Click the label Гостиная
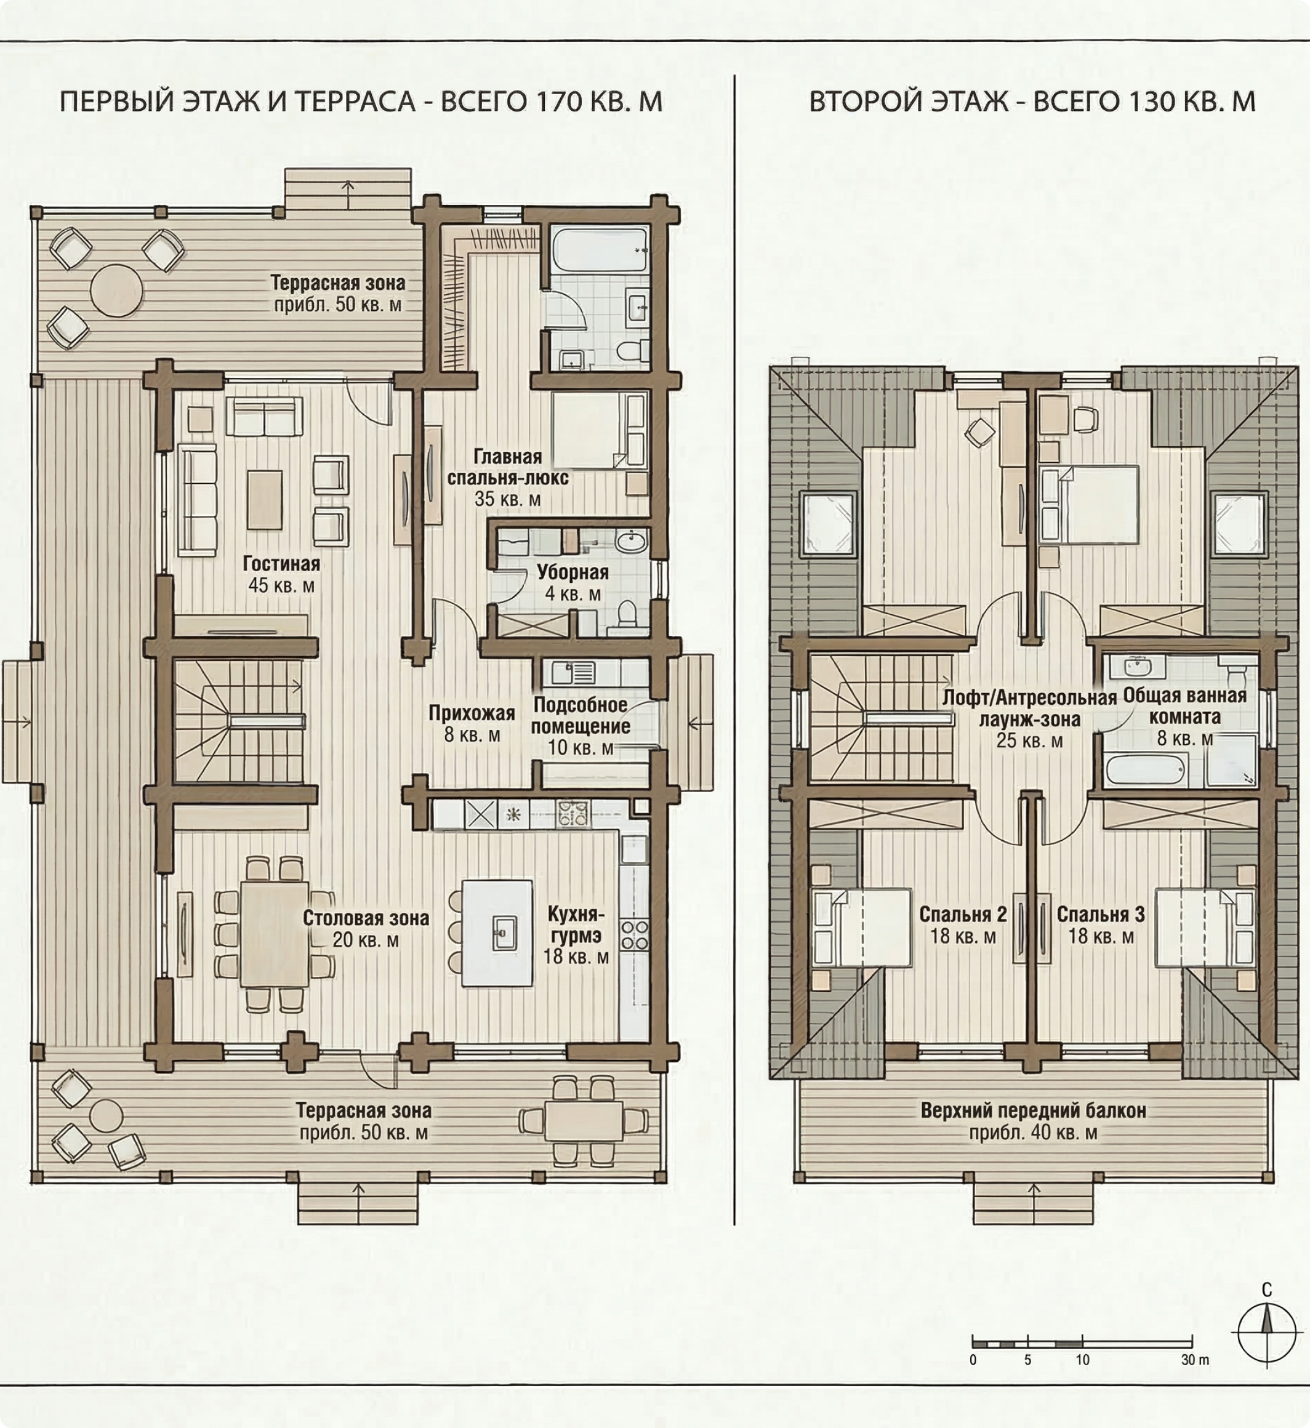[281, 564]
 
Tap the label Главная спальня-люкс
[507, 467]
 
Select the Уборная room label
[573, 572]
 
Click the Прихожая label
[472, 713]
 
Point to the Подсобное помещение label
[581, 716]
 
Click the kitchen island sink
[504, 933]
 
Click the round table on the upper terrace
[116, 291]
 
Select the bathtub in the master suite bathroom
[600, 249]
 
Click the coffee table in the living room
[265, 500]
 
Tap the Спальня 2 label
[963, 914]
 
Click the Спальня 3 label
[1100, 914]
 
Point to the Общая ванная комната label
[1184, 706]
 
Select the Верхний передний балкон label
[1033, 1110]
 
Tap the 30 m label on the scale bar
[1195, 1360]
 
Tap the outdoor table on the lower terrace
[584, 1121]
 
